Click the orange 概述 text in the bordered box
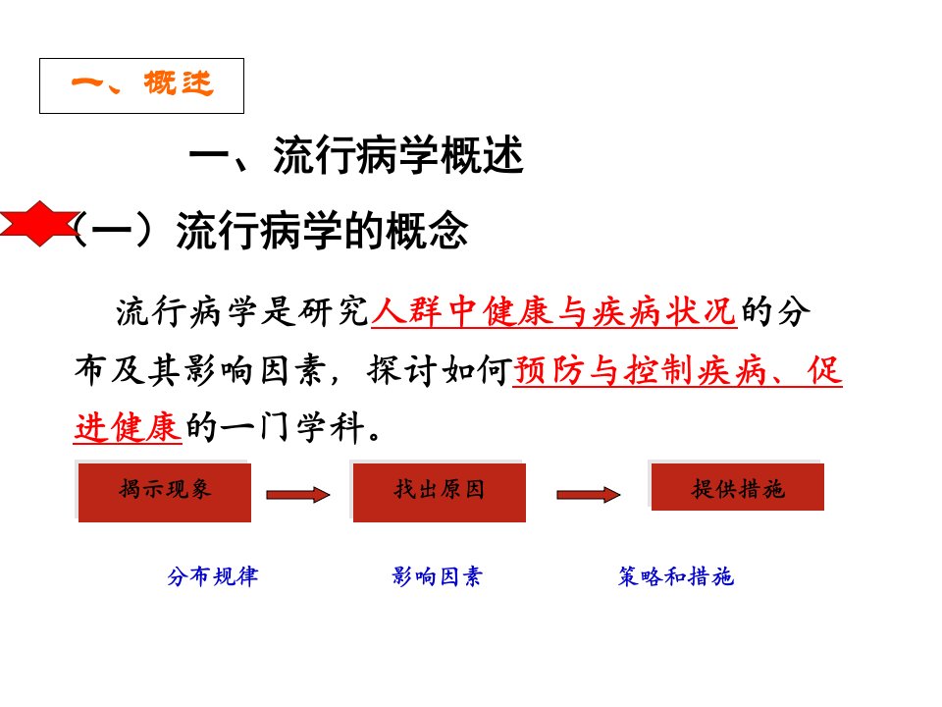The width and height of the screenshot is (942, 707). coord(179,82)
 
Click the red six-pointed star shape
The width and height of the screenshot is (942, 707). coord(39,224)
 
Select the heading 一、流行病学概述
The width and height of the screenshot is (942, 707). coord(356,155)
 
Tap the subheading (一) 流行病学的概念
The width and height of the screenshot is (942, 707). coord(272,230)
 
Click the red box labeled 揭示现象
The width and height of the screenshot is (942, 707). coord(165,492)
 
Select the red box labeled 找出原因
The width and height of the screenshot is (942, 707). coord(440,492)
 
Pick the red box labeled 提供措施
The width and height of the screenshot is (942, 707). coord(738,487)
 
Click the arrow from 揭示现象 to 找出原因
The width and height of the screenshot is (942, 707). coord(298,495)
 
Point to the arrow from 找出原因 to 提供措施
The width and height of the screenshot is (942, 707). coord(588,495)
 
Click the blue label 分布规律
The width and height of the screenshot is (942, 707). coord(213,576)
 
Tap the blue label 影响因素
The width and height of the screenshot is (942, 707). coord(437,576)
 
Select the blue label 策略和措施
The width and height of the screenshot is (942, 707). coord(676,576)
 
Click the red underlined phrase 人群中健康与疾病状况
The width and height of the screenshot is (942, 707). coord(553,311)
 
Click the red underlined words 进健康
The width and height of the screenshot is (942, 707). coord(128,427)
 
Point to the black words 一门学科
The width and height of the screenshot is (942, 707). coord(292,427)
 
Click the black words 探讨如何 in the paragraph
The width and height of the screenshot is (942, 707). coord(440,370)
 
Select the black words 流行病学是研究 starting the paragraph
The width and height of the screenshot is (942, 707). coord(242,311)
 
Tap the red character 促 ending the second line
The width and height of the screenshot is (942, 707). coord(824,370)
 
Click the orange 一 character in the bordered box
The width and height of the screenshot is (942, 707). coord(87,82)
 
